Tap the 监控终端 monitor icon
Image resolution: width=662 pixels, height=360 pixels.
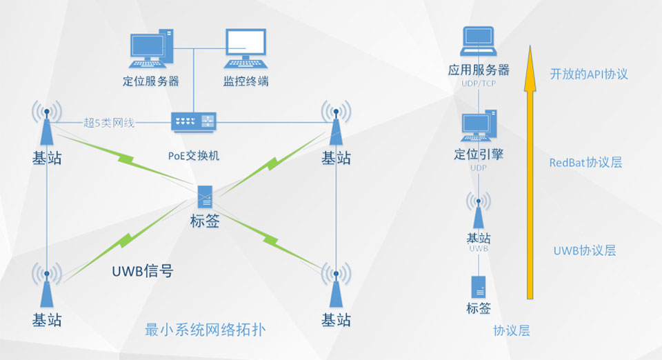(x=245, y=47)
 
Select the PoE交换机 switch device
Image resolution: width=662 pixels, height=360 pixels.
(x=194, y=122)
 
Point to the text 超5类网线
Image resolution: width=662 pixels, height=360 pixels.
(x=109, y=123)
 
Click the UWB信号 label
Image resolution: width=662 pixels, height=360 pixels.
(x=142, y=271)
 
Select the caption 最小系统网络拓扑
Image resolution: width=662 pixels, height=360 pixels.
(x=205, y=330)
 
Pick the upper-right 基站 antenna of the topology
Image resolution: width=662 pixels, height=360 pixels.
(x=336, y=124)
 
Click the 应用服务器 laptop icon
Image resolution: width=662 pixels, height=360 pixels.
(x=479, y=42)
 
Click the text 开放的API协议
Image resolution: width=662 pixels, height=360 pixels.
(x=589, y=74)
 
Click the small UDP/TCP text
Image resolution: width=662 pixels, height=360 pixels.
(x=479, y=83)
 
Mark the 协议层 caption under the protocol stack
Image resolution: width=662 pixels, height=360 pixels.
(x=512, y=330)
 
